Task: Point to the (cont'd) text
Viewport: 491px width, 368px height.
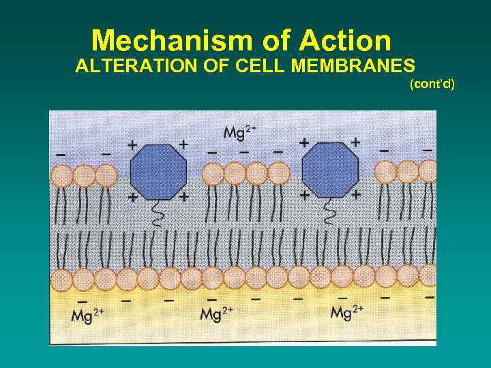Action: tap(432, 84)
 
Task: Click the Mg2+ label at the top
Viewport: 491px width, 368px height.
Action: tap(239, 132)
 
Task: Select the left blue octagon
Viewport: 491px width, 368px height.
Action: tap(158, 172)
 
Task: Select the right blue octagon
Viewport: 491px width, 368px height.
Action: tap(329, 172)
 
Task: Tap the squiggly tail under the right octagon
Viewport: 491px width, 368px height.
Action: tap(330, 213)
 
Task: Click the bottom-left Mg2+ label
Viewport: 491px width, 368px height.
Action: tap(87, 315)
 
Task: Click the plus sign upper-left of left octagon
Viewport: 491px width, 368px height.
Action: tap(132, 144)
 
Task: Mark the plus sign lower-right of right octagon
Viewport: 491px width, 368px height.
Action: tap(355, 195)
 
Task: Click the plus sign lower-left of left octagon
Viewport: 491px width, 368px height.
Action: tap(132, 196)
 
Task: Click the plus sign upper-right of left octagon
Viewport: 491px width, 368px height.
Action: tap(183, 144)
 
